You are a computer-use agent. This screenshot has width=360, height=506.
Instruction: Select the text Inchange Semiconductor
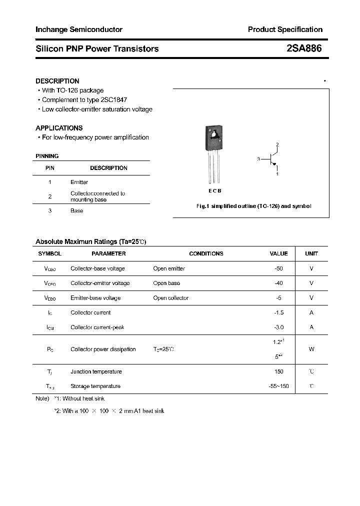[78, 29]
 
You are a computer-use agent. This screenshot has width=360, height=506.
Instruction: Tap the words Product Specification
[285, 29]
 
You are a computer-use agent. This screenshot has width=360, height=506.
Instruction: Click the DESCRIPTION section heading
[57, 81]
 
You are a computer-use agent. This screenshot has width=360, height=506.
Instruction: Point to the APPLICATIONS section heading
[59, 128]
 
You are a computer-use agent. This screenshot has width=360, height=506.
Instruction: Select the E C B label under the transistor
[214, 191]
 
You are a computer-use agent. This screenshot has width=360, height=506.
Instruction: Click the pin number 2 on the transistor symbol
[277, 145]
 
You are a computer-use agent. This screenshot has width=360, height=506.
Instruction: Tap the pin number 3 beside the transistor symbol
[258, 159]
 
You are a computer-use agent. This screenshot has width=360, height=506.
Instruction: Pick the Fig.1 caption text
[253, 206]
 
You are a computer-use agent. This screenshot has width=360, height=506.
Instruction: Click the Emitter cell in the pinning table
[79, 182]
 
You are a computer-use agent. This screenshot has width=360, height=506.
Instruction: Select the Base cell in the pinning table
[76, 211]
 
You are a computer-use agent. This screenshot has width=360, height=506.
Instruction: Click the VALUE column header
[278, 254]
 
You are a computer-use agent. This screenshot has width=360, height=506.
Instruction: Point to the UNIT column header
[311, 254]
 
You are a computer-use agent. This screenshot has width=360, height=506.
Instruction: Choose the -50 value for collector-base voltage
[278, 268]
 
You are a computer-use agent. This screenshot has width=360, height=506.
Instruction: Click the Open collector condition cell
[170, 298]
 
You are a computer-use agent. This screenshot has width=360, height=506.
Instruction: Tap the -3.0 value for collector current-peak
[278, 327]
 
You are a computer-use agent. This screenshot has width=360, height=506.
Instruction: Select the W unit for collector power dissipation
[311, 349]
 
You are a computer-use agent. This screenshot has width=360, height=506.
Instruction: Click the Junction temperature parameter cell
[96, 371]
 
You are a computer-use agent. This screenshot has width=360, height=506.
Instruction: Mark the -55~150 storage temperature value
[278, 386]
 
